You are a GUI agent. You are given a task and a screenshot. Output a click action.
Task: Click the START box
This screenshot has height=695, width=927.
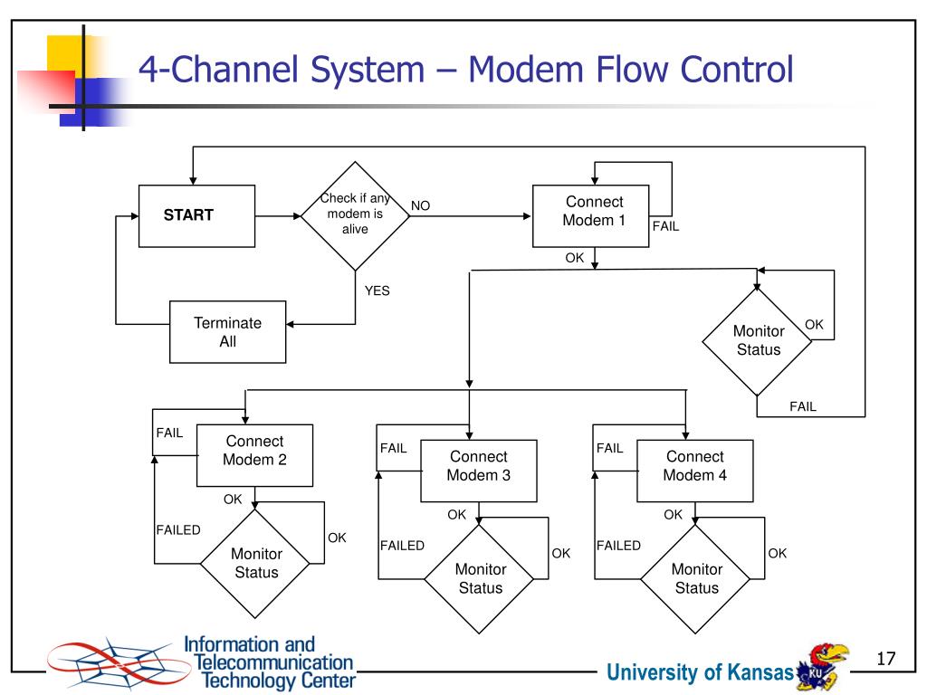click(x=196, y=215)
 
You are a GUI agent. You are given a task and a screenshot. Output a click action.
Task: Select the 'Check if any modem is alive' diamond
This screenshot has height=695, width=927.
click(x=355, y=215)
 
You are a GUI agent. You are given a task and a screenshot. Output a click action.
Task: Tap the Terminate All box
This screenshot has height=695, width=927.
click(x=227, y=331)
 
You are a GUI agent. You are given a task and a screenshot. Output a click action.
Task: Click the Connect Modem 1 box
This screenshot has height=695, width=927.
click(x=590, y=215)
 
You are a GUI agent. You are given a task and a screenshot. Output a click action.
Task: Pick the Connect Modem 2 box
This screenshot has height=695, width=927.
click(x=254, y=455)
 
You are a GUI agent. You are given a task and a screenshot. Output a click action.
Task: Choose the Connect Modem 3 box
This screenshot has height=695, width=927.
click(x=479, y=471)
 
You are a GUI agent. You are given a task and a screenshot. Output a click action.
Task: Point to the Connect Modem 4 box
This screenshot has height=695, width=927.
click(x=694, y=471)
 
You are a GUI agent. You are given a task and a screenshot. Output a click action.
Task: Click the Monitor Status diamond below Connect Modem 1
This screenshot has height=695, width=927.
click(x=757, y=341)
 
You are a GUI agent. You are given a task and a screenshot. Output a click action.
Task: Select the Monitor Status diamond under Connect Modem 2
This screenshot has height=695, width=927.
click(x=255, y=563)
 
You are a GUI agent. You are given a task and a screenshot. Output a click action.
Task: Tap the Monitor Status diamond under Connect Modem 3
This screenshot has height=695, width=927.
click(x=479, y=578)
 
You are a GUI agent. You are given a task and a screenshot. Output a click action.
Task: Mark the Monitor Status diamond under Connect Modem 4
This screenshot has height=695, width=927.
click(x=695, y=578)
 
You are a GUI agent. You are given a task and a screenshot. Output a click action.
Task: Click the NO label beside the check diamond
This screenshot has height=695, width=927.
click(x=420, y=205)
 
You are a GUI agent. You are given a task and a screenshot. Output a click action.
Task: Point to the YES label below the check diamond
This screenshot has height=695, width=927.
click(x=377, y=290)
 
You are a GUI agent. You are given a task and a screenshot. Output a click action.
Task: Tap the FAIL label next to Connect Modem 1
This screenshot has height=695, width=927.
click(x=665, y=226)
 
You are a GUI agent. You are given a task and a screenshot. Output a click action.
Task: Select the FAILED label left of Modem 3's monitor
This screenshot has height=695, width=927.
click(x=402, y=546)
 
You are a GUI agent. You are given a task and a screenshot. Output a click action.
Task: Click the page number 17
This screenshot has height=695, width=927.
click(x=885, y=659)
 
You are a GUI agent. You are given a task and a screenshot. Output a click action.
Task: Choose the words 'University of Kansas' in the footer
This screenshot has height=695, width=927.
click(x=700, y=672)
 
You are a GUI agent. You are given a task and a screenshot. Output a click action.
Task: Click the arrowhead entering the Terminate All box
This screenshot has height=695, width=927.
click(x=291, y=324)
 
